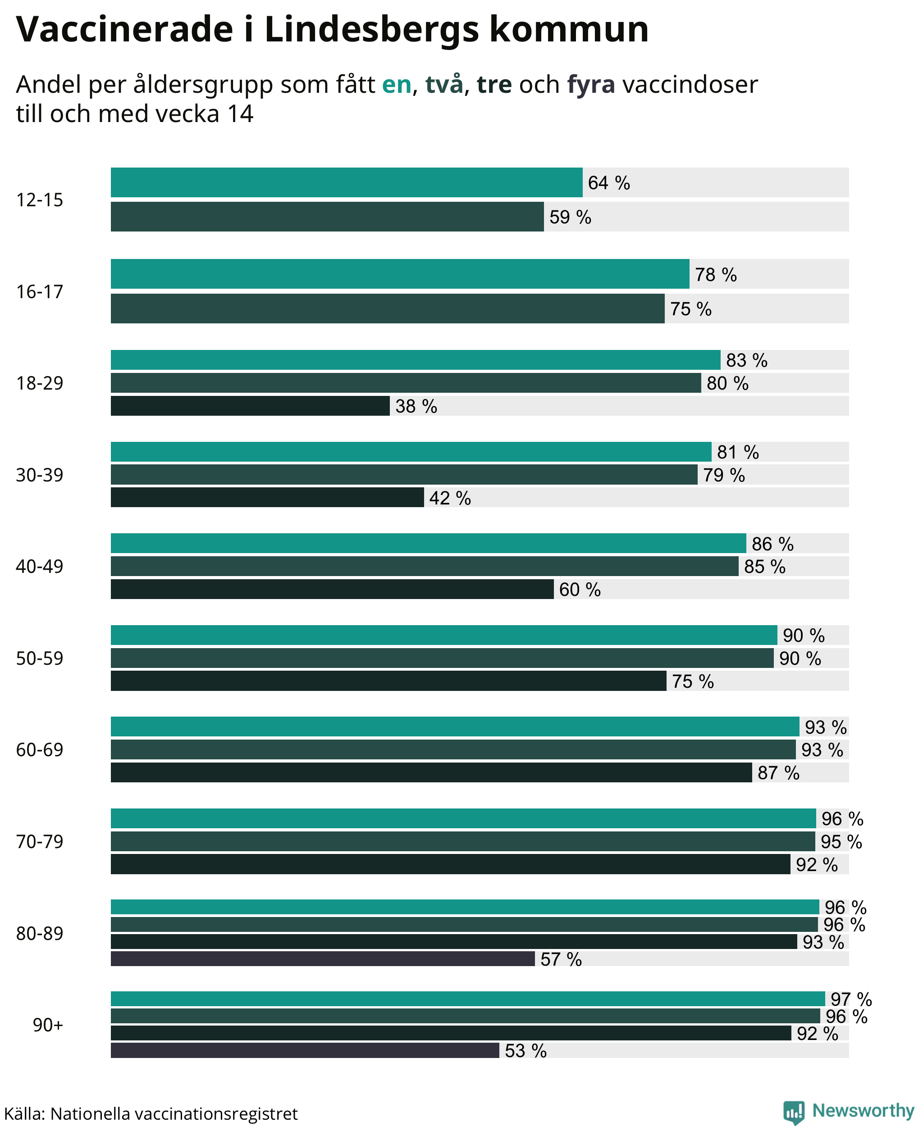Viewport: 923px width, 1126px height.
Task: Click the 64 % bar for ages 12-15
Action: [x=347, y=182]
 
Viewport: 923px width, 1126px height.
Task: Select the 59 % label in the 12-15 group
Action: [x=571, y=217]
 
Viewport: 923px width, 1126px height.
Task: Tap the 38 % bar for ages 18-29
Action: [x=250, y=405]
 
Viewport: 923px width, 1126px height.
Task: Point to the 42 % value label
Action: [x=450, y=498]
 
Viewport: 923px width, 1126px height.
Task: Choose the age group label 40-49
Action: [x=39, y=567]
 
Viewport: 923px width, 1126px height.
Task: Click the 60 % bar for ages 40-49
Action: [x=332, y=589]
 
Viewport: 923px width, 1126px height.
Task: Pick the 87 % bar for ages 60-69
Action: [x=431, y=772]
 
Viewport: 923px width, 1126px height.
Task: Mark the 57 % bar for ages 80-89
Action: [x=323, y=958]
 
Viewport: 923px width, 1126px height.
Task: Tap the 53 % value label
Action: [x=526, y=1050]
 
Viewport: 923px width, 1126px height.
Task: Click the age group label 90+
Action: [x=48, y=1025]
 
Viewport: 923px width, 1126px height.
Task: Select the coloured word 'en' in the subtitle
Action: [x=397, y=85]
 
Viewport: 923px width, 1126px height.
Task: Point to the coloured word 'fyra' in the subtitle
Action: [x=591, y=85]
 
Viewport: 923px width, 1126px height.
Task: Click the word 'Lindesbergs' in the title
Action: [x=372, y=30]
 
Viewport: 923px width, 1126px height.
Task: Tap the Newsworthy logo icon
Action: [x=793, y=1112]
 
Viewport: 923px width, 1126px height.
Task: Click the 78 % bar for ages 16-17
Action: [x=400, y=274]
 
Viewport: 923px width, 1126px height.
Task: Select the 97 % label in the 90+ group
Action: [x=851, y=999]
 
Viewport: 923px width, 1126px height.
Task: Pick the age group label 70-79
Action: [x=39, y=842]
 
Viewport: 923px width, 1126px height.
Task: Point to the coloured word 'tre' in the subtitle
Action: [x=494, y=85]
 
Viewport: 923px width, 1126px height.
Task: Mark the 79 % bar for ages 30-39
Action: [x=404, y=475]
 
